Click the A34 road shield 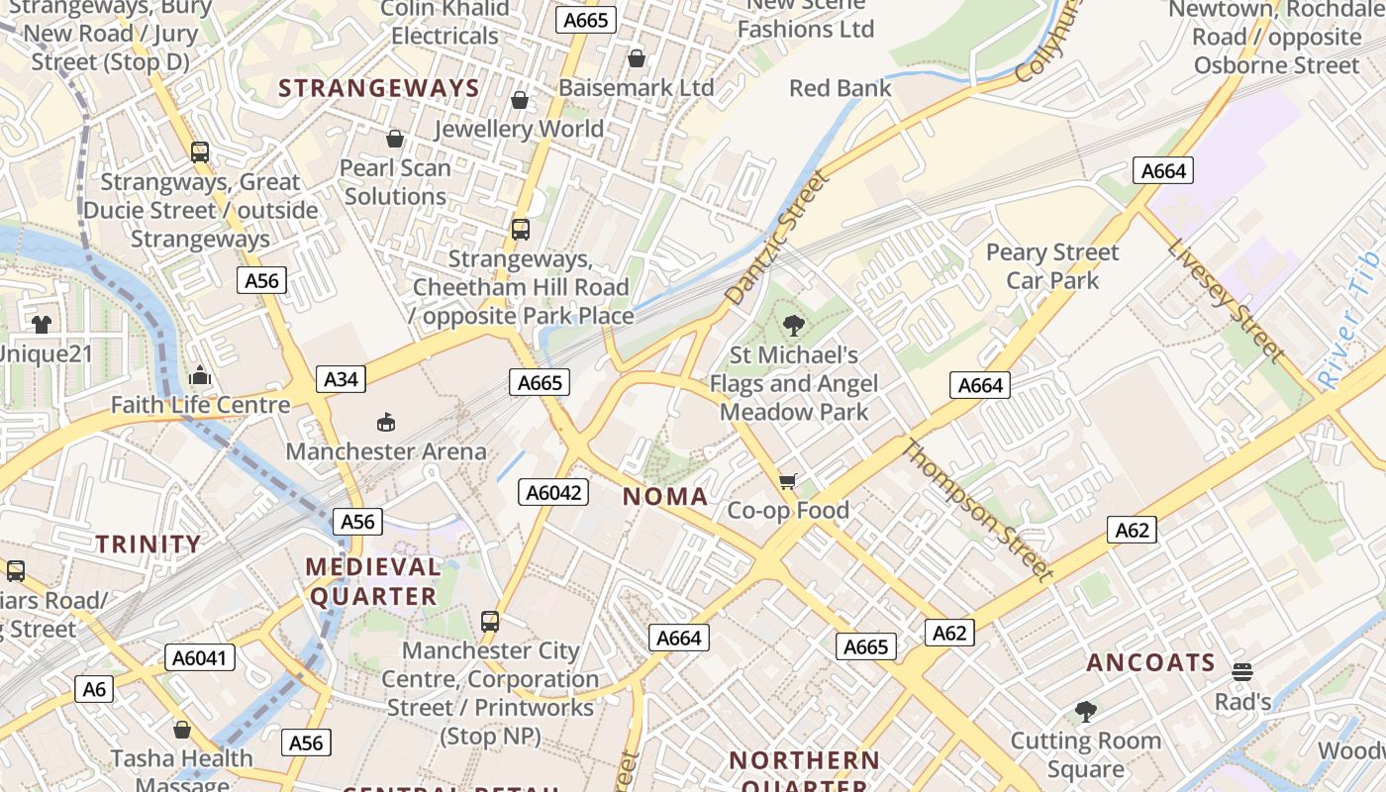(x=341, y=378)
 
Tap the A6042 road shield (x=553, y=492)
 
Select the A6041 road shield (x=203, y=657)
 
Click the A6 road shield (x=94, y=688)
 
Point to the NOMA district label (x=665, y=497)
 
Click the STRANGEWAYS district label (x=379, y=88)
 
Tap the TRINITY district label (x=148, y=544)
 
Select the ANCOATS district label (x=1150, y=662)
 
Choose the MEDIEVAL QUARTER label (x=373, y=581)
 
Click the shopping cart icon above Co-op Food (x=787, y=481)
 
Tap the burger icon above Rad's (x=1242, y=672)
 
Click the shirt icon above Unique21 (x=41, y=324)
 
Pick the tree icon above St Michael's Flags (x=793, y=325)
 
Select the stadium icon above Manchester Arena (x=386, y=423)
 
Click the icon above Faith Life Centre (x=200, y=375)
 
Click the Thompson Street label (x=976, y=509)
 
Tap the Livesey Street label (x=1225, y=300)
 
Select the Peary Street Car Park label (x=1052, y=266)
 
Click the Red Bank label (x=840, y=88)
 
